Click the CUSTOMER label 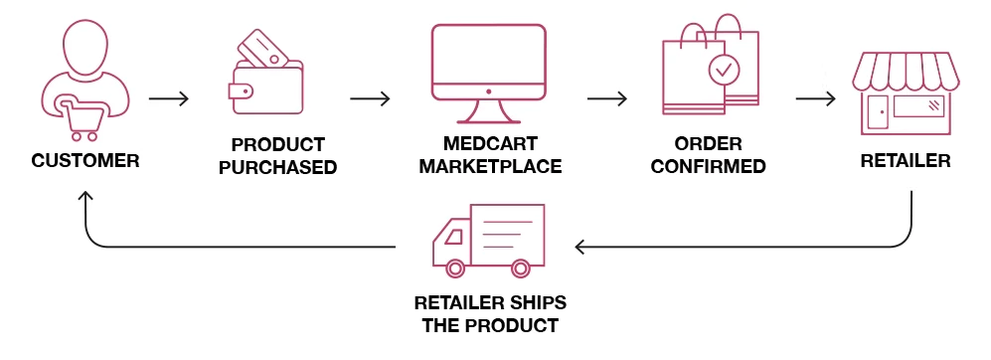84,160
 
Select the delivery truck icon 488,240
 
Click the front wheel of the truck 456,268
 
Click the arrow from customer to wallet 168,99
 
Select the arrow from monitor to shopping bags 606,99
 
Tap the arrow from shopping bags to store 815,99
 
